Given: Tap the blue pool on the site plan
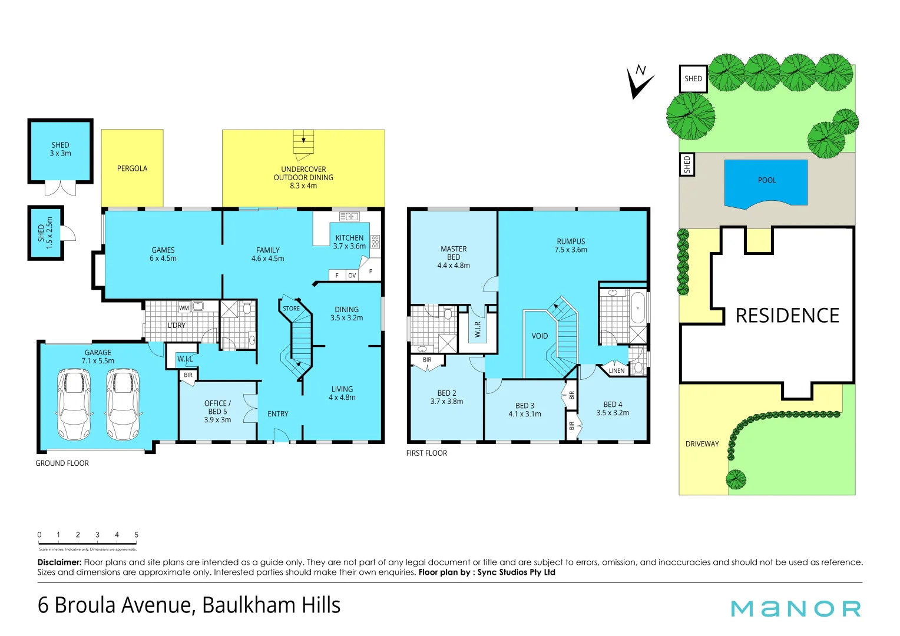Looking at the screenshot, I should click(766, 183).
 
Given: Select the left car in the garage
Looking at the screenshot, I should click(74, 405).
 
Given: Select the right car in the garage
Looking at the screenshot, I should click(123, 405).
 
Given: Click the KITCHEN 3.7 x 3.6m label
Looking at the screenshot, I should click(349, 242).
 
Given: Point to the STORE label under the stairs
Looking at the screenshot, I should click(291, 309).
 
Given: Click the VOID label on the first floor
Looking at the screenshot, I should click(540, 336).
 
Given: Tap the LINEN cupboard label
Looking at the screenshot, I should click(616, 371).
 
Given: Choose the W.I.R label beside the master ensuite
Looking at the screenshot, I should click(478, 329).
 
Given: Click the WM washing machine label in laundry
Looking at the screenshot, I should click(184, 308).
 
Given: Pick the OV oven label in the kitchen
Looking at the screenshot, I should click(352, 276).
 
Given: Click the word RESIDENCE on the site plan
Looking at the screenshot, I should click(787, 316).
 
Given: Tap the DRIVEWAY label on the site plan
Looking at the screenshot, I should click(702, 444).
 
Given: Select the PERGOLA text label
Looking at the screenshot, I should click(132, 168).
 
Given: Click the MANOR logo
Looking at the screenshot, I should click(796, 608).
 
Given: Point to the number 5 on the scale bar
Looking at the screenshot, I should click(136, 535).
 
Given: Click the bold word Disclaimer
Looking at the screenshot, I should click(59, 562).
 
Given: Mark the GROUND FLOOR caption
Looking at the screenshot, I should click(62, 463).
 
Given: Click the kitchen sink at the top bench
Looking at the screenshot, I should click(349, 217).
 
